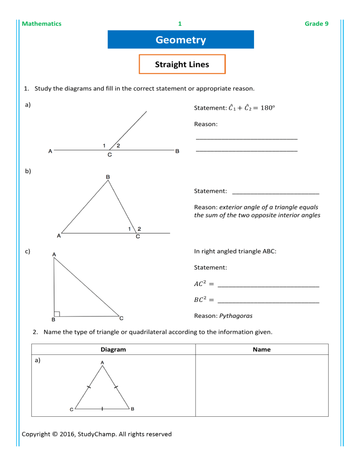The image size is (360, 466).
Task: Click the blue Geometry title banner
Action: point(180,40)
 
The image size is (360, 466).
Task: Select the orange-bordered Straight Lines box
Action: point(182,64)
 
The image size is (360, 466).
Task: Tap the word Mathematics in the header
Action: point(42,23)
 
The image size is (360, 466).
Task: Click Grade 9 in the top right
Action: point(316,23)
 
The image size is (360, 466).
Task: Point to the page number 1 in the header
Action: point(180,23)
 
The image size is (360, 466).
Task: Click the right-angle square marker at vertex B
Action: point(56,314)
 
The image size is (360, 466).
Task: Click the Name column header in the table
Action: point(261,349)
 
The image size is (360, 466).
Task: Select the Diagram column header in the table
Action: point(113,349)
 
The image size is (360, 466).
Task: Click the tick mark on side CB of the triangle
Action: point(102,409)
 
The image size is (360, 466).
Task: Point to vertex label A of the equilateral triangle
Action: point(102,362)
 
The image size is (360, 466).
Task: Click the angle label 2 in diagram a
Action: point(118,145)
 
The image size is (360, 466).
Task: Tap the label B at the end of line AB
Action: point(177,151)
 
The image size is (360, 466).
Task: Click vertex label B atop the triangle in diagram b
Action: point(108,177)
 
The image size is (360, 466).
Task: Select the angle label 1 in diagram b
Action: point(129,228)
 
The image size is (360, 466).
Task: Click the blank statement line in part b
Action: point(276,192)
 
